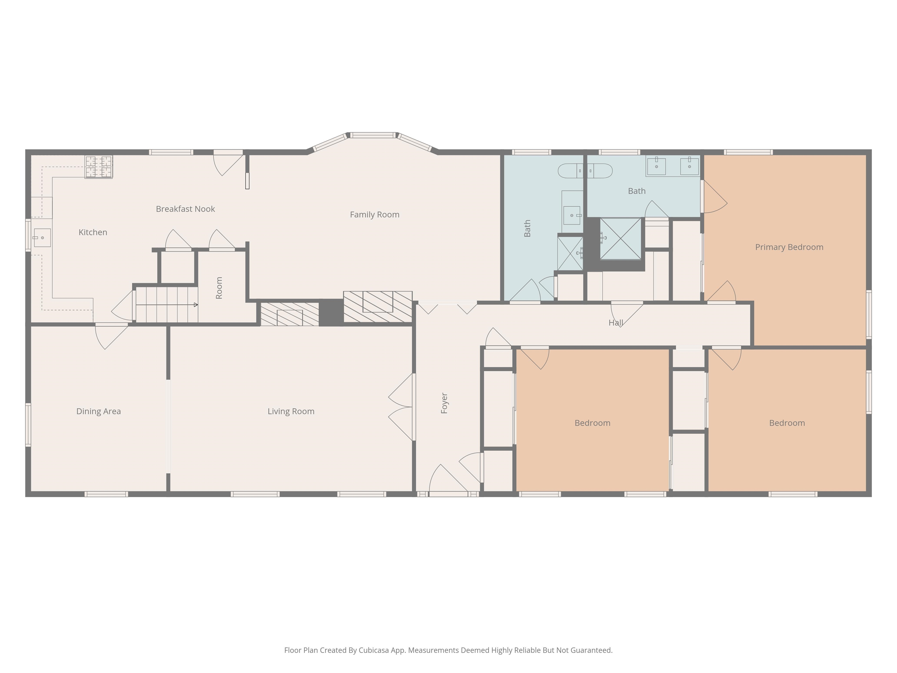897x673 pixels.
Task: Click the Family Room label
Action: (374, 215)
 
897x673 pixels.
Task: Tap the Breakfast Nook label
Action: (185, 209)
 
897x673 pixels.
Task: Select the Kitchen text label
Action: (93, 233)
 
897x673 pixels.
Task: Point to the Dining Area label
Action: (98, 411)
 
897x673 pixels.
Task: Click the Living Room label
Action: (291, 411)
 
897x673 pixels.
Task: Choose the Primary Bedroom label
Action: (789, 247)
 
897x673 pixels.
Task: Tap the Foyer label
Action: (444, 403)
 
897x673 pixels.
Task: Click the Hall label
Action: (616, 323)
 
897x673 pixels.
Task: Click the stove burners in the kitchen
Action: (98, 167)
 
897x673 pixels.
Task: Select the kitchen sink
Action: (42, 238)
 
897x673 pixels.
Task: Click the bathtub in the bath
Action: (585, 171)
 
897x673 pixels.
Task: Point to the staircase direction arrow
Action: (167, 305)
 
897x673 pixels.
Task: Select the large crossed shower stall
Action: (620, 239)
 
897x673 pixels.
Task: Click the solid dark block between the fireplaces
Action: (331, 312)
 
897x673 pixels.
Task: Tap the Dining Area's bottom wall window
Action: (106, 494)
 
